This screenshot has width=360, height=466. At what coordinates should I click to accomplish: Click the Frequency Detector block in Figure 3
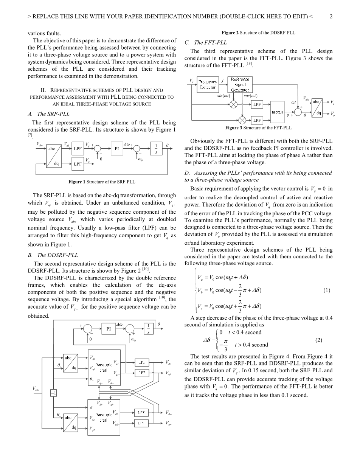pyautogui.click(x=208, y=84)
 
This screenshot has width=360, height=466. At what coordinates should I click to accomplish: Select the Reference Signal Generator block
pyautogui.click(x=240, y=85)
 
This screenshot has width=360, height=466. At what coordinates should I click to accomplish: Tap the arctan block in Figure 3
pyautogui.click(x=277, y=112)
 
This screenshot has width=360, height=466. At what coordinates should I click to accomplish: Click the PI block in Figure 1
pyautogui.click(x=117, y=149)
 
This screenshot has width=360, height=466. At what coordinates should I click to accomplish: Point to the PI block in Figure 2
pyautogui.click(x=109, y=329)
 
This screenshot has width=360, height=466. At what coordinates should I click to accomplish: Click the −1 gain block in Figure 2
pyautogui.click(x=53, y=393)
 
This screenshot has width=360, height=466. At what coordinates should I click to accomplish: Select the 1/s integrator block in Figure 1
pyautogui.click(x=156, y=149)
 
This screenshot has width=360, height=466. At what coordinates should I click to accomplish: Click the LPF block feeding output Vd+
pyautogui.click(x=142, y=362)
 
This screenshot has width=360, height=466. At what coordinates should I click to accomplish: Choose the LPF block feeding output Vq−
pyautogui.click(x=142, y=423)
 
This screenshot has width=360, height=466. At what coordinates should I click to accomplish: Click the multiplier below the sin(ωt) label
pyautogui.click(x=234, y=104)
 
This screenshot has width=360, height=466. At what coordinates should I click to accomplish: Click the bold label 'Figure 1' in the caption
pyautogui.click(x=77, y=182)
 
